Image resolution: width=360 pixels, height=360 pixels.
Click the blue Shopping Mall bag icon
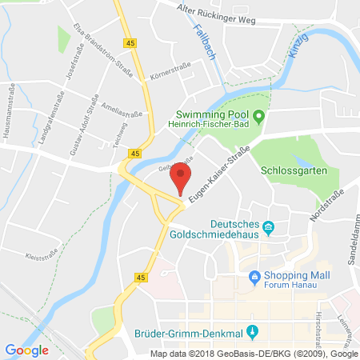(x=255, y=278)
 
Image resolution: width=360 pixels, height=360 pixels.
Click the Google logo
(x=26, y=350)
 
